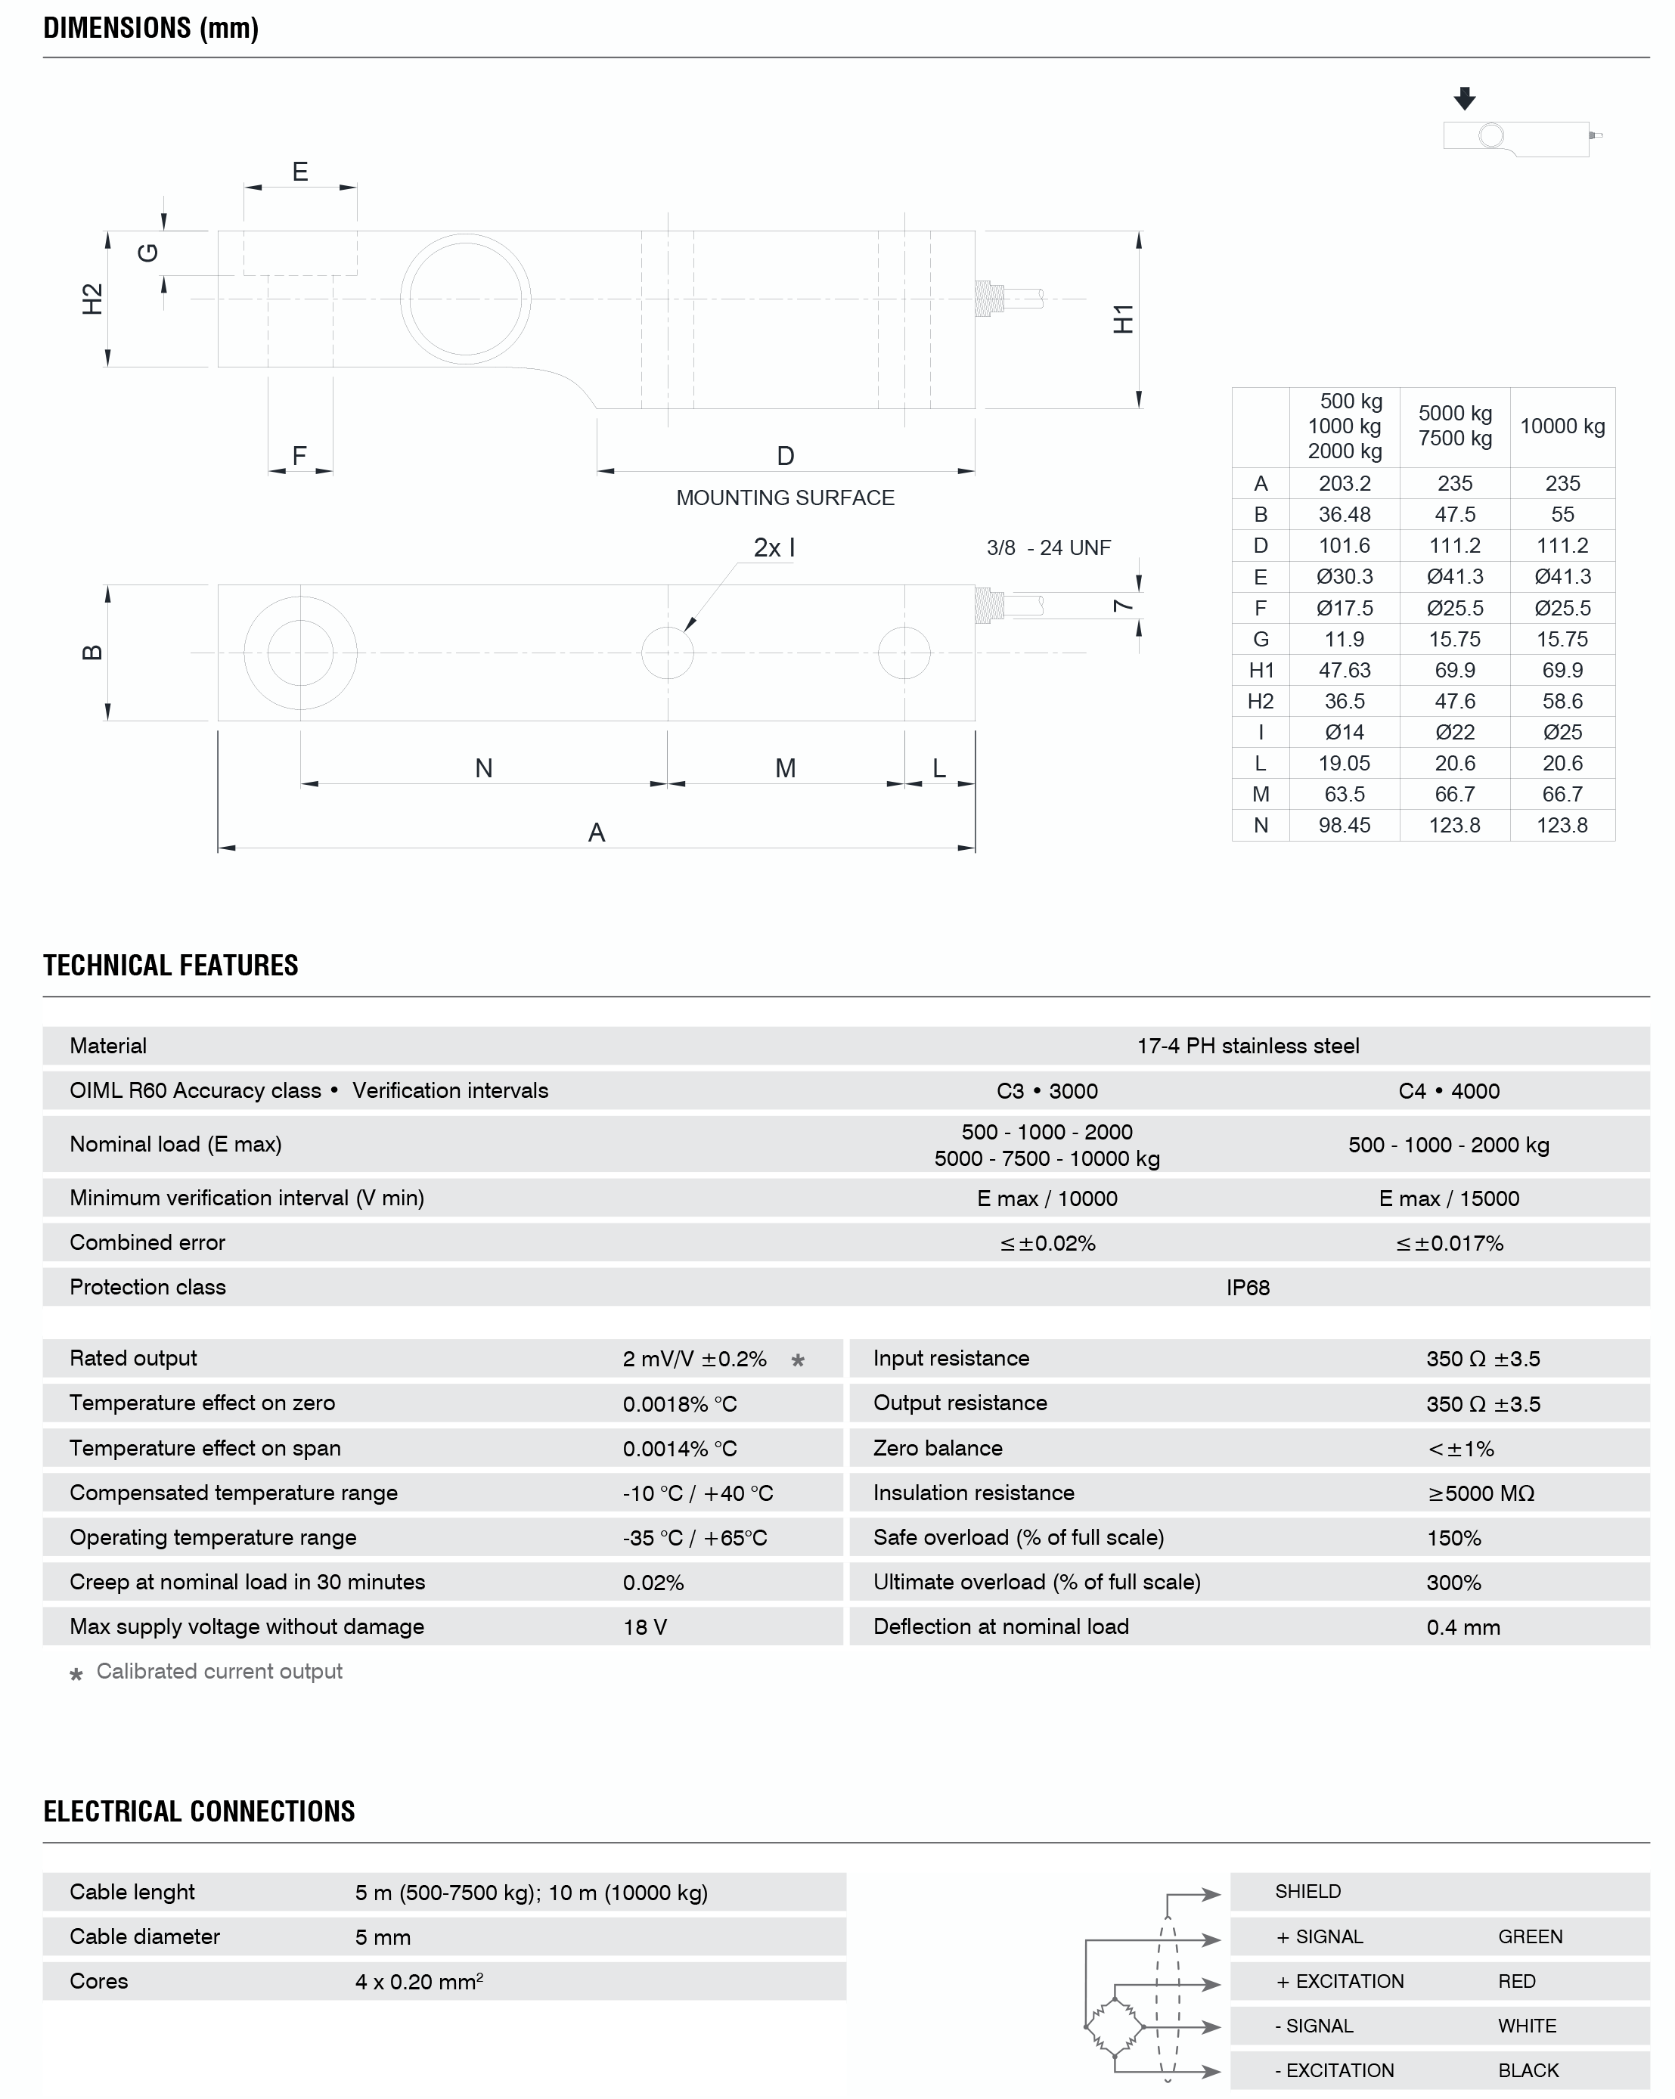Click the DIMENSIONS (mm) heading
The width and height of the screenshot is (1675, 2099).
click(151, 28)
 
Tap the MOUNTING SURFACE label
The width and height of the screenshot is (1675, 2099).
click(785, 498)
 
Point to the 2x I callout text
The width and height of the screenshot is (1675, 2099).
click(774, 548)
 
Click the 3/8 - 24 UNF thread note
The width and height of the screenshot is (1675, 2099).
click(1048, 548)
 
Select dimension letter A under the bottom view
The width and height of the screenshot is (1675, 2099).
click(597, 833)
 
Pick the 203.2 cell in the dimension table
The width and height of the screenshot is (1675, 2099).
click(1344, 484)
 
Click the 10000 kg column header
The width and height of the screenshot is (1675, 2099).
click(1562, 426)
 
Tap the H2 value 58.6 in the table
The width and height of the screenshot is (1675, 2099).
click(1562, 701)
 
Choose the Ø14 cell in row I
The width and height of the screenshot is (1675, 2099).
click(1344, 732)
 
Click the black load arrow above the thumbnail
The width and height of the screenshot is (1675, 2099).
click(1465, 98)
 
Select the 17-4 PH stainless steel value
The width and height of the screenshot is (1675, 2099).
click(1248, 1046)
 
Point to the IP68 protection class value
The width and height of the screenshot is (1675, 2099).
click(1248, 1288)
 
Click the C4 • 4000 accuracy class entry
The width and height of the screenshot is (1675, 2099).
click(1448, 1091)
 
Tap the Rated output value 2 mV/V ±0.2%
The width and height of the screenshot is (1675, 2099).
click(694, 1359)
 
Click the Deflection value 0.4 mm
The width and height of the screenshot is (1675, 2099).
click(1463, 1627)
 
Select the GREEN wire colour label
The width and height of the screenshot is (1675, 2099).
click(1530, 1936)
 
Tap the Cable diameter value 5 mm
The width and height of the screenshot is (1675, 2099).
click(383, 1937)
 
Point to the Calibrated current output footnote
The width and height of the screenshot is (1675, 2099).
click(219, 1672)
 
